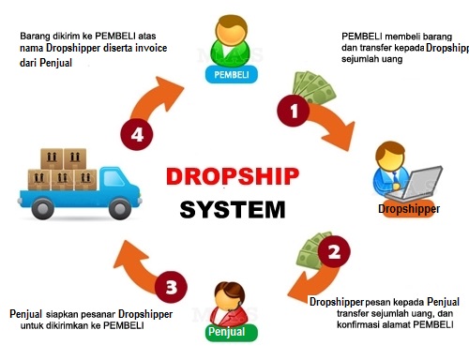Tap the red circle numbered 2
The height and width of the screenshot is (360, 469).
[332, 251]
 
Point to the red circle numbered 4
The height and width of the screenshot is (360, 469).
[139, 134]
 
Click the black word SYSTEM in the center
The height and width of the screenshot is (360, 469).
[233, 209]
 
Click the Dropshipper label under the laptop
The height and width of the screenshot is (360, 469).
[409, 208]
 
